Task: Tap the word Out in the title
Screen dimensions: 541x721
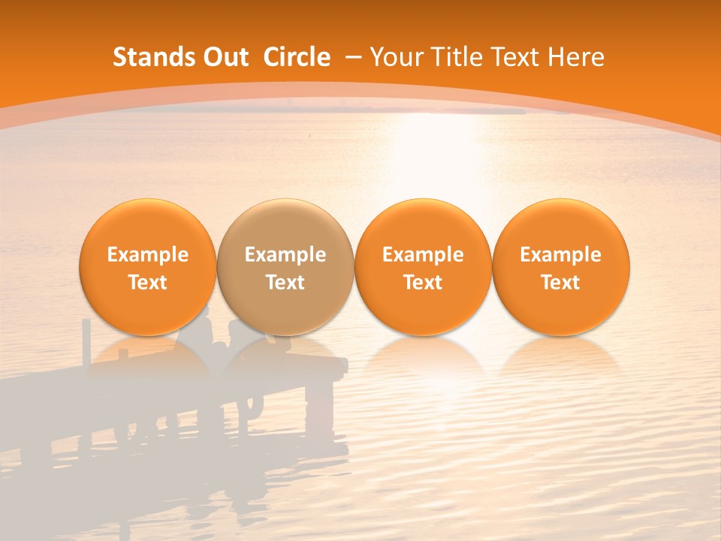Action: (225, 57)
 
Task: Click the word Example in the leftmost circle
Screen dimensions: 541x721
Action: (148, 255)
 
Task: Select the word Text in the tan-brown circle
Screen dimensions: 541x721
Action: (285, 283)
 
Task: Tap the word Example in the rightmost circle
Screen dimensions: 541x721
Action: (561, 255)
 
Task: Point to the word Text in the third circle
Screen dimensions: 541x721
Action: (423, 283)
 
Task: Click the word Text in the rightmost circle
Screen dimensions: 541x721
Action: (561, 283)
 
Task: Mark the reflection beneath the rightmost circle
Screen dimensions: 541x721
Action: (561, 357)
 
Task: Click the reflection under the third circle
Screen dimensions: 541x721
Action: (423, 357)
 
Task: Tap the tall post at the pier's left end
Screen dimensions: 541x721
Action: (86, 342)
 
